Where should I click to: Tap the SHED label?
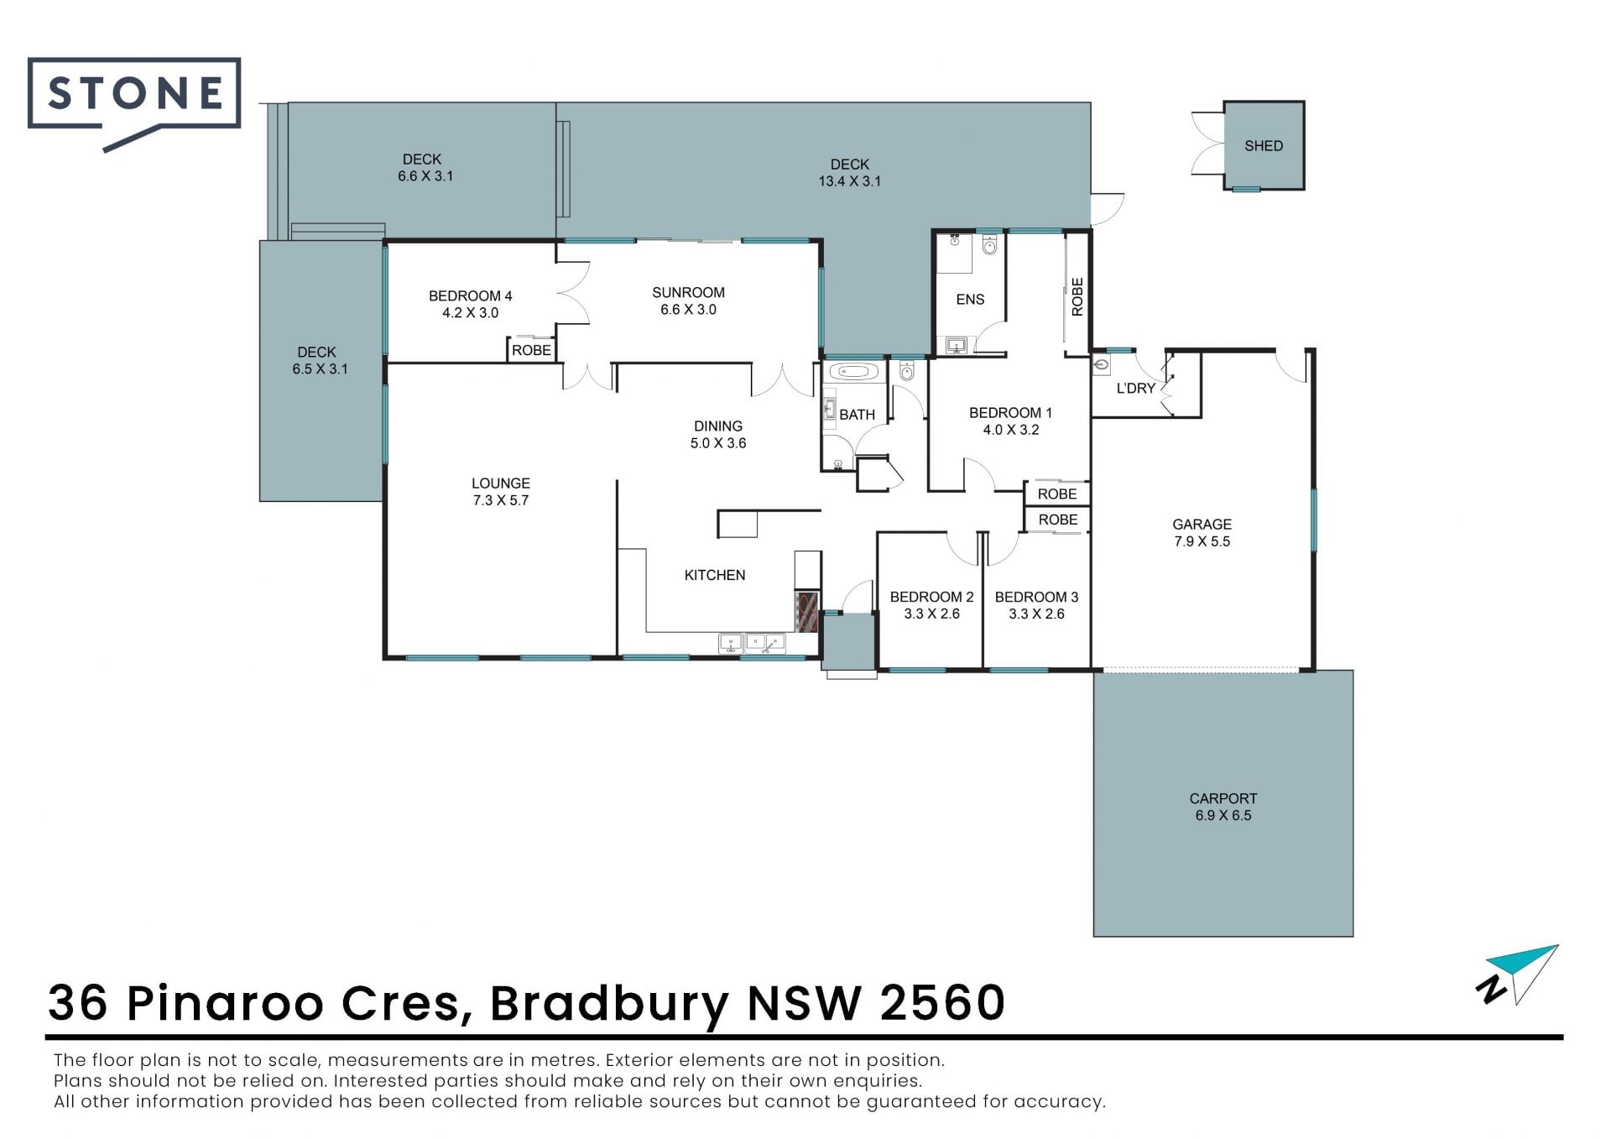pyautogui.click(x=1264, y=146)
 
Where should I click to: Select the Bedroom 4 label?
pyautogui.click(x=470, y=296)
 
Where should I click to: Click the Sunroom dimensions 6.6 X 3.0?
pyautogui.click(x=688, y=310)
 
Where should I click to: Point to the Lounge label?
pyautogui.click(x=501, y=483)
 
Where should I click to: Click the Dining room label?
pyautogui.click(x=718, y=426)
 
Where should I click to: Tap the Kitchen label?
pyautogui.click(x=715, y=575)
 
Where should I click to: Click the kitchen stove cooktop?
pyautogui.click(x=806, y=611)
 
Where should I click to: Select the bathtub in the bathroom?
pyautogui.click(x=853, y=371)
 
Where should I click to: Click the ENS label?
pyautogui.click(x=970, y=300)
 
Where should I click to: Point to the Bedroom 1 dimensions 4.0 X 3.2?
pyautogui.click(x=1011, y=430)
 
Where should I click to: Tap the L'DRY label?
pyautogui.click(x=1136, y=389)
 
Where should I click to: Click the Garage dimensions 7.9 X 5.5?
pyautogui.click(x=1202, y=542)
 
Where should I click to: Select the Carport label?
pyautogui.click(x=1223, y=799)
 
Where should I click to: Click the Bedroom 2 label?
pyautogui.click(x=931, y=597)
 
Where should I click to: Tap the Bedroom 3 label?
pyautogui.click(x=1036, y=597)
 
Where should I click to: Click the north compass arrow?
pyautogui.click(x=1519, y=974)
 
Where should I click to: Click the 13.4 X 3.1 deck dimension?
pyautogui.click(x=850, y=181)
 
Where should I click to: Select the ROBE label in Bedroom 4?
pyautogui.click(x=532, y=350)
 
